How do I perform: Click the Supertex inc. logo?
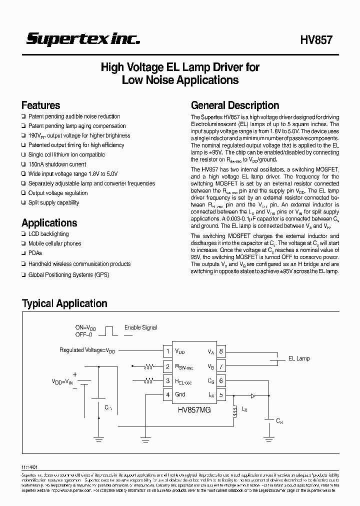pos(83,39)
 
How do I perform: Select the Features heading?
pos(40,105)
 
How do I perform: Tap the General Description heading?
pos(235,105)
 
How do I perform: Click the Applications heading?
pos(49,223)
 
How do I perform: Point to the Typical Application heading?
pos(64,303)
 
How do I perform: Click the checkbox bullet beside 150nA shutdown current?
pos(23,164)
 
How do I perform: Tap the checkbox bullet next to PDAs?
pos(23,253)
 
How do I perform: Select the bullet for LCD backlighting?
pos(23,234)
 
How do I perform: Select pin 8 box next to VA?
pos(220,351)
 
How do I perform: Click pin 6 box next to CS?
pos(220,380)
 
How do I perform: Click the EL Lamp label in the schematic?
pos(299,358)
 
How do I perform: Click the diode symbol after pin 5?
pos(252,395)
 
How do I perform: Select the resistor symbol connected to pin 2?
pos(148,366)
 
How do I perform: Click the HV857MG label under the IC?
pos(194,409)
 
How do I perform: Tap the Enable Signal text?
pos(140,327)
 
